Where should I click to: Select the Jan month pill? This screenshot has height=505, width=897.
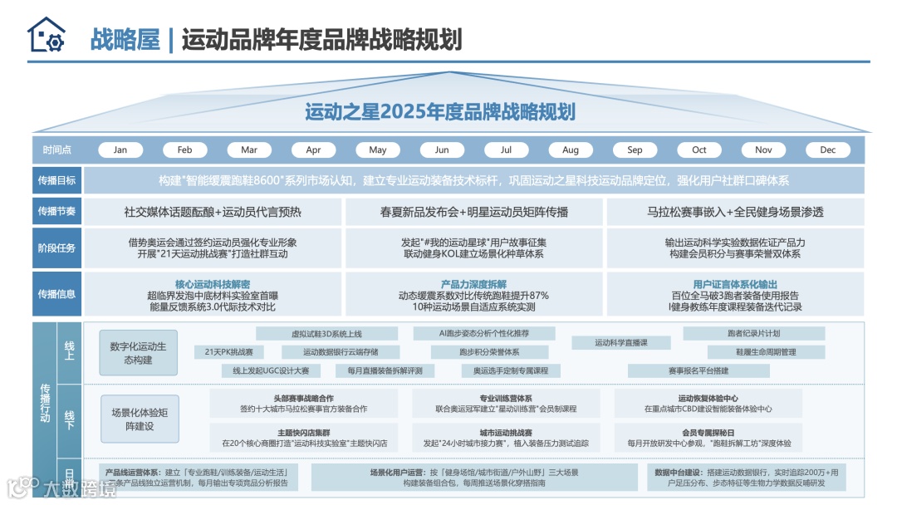pos(120,150)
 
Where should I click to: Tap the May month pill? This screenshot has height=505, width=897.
pos(378,150)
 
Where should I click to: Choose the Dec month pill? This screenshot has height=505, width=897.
pos(828,150)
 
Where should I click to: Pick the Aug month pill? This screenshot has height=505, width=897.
pos(571,150)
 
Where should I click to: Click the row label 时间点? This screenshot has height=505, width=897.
pos(57,150)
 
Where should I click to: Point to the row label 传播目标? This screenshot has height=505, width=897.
pos(57,180)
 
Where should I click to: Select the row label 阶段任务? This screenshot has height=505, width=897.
pos(57,248)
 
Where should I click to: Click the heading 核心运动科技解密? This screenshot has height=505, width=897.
pos(213,284)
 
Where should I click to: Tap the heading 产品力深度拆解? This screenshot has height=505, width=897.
pos(473,284)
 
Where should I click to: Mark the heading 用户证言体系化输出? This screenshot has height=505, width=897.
pos(735,284)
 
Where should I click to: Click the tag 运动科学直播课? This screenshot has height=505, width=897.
pos(620,342)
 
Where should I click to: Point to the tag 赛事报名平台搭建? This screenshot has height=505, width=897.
pos(698,370)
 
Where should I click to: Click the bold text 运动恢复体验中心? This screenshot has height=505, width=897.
pos(708,399)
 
